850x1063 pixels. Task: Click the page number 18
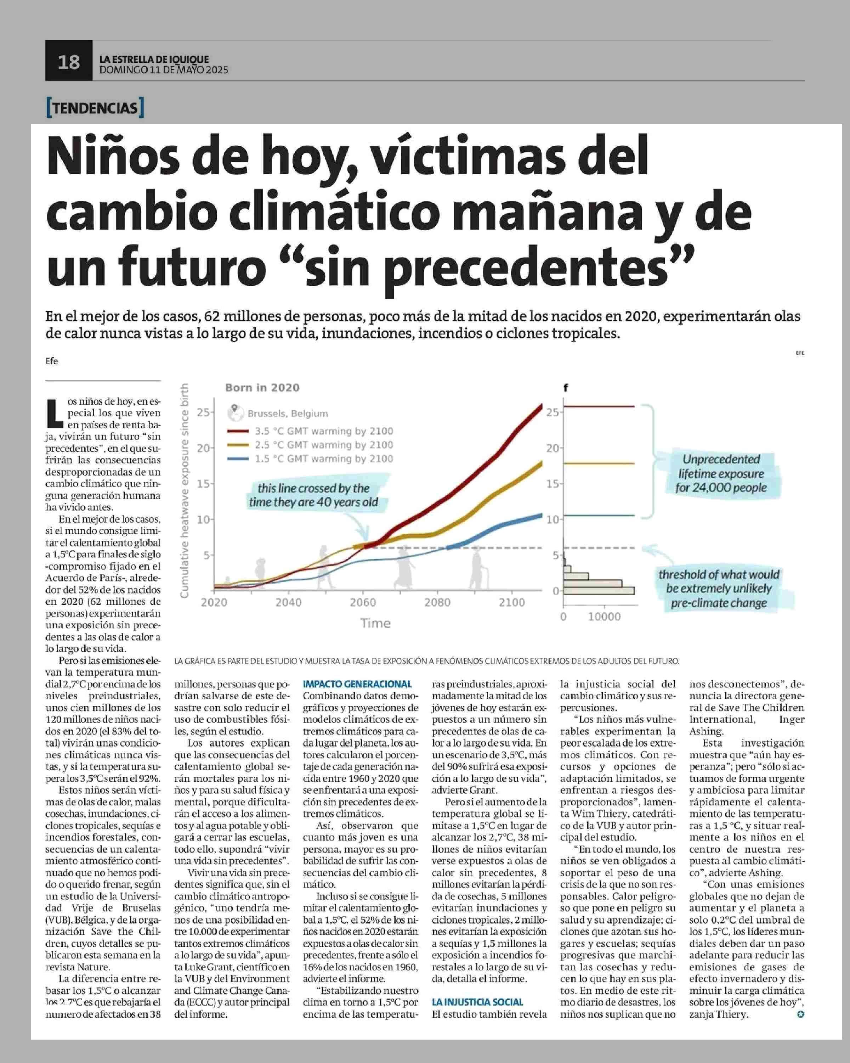[x=68, y=62]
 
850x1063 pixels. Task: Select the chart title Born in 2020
[x=262, y=388]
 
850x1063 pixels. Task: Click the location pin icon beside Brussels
[x=236, y=411]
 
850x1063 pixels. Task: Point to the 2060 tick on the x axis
[x=363, y=602]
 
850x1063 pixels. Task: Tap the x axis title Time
[x=375, y=623]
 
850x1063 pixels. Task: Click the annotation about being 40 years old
[x=313, y=495]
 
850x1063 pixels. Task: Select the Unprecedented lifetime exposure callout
[x=721, y=473]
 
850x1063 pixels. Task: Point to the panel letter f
[x=566, y=388]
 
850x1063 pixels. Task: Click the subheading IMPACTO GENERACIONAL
[x=357, y=684]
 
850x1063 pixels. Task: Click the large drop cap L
[x=54, y=413]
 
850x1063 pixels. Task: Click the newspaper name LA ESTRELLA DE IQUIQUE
[x=154, y=59]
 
